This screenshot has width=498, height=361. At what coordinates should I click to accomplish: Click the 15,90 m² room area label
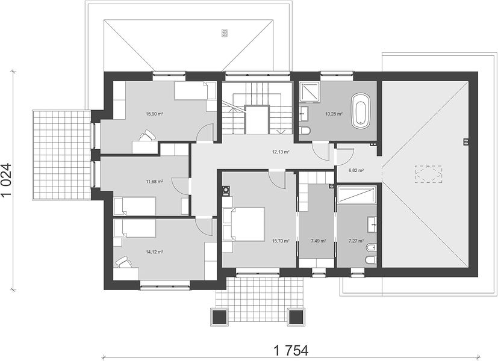click(154, 114)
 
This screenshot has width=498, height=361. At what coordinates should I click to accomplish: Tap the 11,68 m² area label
click(154, 182)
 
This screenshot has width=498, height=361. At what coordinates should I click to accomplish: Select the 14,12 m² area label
click(154, 252)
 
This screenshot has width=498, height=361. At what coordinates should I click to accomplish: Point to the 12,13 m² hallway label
click(281, 152)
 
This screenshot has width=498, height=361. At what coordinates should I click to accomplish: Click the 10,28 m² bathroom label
click(334, 114)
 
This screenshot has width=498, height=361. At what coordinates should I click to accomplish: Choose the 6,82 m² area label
click(356, 170)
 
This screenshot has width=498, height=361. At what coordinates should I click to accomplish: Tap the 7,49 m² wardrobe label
click(318, 241)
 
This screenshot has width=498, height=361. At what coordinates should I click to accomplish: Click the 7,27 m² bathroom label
click(356, 241)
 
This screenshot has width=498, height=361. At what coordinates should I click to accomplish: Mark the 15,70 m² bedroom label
click(281, 241)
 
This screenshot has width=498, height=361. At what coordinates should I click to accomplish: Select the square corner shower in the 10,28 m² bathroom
click(309, 91)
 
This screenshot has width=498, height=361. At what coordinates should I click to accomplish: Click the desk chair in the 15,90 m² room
click(147, 135)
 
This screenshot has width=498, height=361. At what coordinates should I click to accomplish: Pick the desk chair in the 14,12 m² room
click(123, 263)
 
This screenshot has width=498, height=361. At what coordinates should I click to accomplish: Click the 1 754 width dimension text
click(291, 351)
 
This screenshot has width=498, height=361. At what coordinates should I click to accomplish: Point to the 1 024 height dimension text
click(7, 180)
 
